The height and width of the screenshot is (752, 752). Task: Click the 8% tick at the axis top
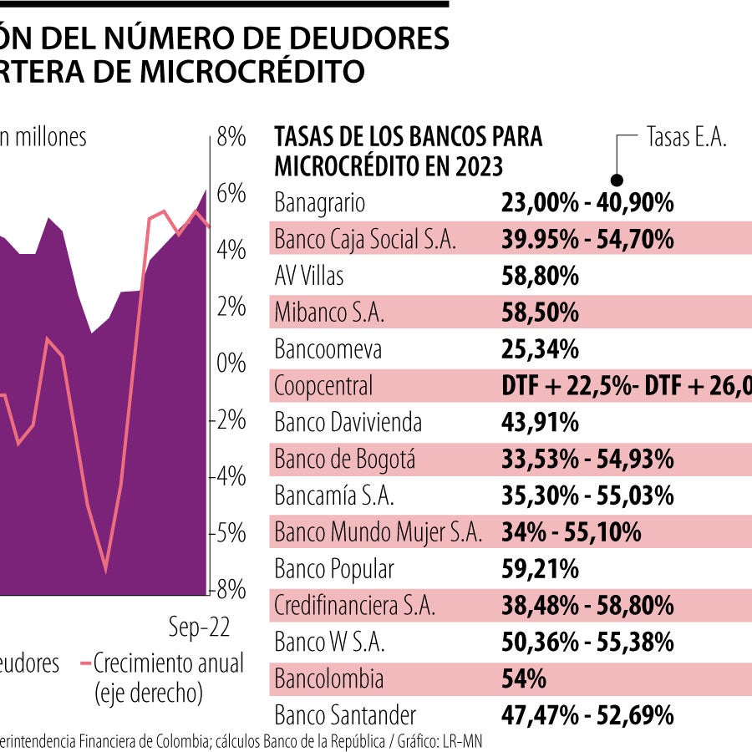(231, 137)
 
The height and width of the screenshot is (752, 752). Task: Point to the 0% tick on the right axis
(231, 363)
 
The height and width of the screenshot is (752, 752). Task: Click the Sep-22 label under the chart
(199, 628)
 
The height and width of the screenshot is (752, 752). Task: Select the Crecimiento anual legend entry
(168, 664)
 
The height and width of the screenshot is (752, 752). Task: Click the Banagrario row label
(320, 203)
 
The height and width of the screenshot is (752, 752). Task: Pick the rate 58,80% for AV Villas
(540, 276)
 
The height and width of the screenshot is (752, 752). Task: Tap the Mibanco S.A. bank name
(329, 312)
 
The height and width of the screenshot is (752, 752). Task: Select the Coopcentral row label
(323, 386)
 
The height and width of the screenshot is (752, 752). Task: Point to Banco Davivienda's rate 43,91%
(540, 423)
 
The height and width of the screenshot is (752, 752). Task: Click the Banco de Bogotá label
(344, 460)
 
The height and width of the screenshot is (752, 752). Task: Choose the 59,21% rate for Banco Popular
(540, 570)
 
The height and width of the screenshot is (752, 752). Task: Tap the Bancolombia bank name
(329, 679)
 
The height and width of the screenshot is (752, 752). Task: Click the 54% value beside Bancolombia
(524, 679)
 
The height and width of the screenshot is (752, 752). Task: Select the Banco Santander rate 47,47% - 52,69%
(587, 716)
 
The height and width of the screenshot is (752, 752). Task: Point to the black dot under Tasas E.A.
(617, 179)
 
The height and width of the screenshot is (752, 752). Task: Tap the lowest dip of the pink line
(106, 572)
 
